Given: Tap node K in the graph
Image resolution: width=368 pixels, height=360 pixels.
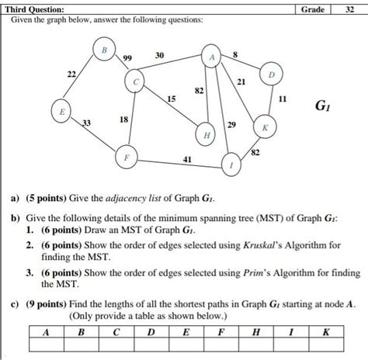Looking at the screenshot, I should click(265, 126).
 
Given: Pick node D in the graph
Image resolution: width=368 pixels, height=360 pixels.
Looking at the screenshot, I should click(270, 75).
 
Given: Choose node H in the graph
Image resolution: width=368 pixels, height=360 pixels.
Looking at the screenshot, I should click(206, 134).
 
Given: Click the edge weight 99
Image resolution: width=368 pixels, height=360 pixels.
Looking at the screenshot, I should click(129, 59).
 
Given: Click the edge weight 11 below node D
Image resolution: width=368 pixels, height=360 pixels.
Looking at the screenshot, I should click(281, 100).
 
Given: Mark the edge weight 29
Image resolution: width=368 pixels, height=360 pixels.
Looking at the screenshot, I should click(232, 124).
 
